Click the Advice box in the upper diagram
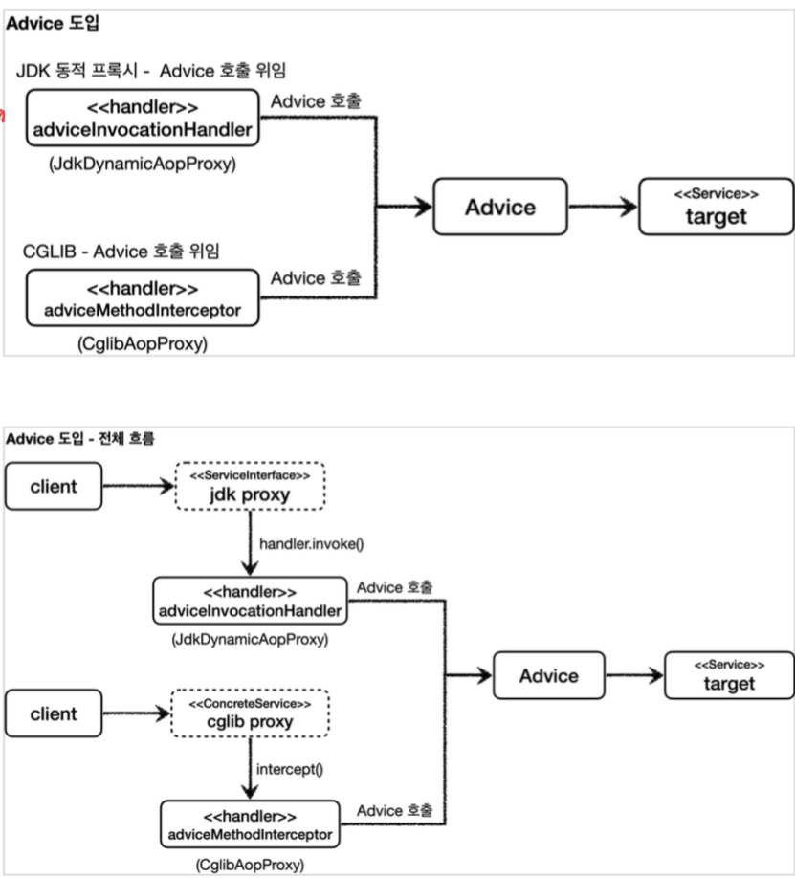coord(500,207)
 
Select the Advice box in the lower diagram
coord(549,675)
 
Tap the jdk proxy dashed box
coord(250,486)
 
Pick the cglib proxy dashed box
coord(250,713)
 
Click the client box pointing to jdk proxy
coord(54,486)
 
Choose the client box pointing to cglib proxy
coord(54,713)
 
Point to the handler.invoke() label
coord(312,543)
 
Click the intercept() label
coord(290,769)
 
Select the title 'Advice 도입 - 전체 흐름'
coord(80,438)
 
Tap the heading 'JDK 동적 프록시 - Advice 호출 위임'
coord(151,71)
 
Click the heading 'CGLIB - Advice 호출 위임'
coord(121,251)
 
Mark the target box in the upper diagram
coord(716,207)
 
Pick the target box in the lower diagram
coord(729,675)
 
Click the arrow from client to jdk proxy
coord(139,486)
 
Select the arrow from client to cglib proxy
coord(137,713)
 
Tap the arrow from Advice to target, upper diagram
coord(604,207)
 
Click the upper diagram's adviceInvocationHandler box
coord(143,118)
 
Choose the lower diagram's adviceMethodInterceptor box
coord(250,823)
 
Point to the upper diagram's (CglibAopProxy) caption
coord(143,343)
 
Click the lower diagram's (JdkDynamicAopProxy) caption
coord(250,639)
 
